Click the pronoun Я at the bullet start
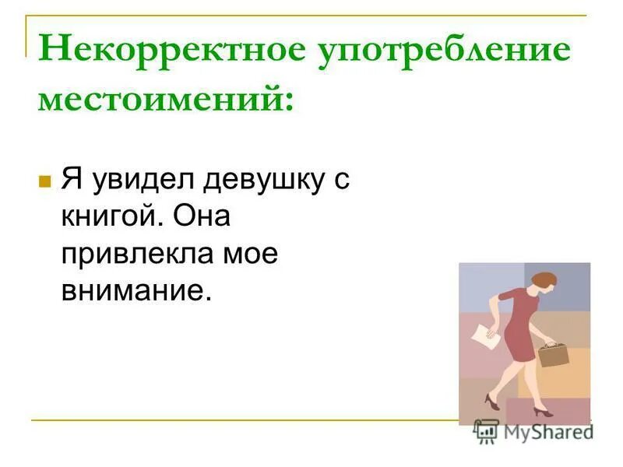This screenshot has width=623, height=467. [x=72, y=181]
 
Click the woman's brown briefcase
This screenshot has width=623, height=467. [x=552, y=353]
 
